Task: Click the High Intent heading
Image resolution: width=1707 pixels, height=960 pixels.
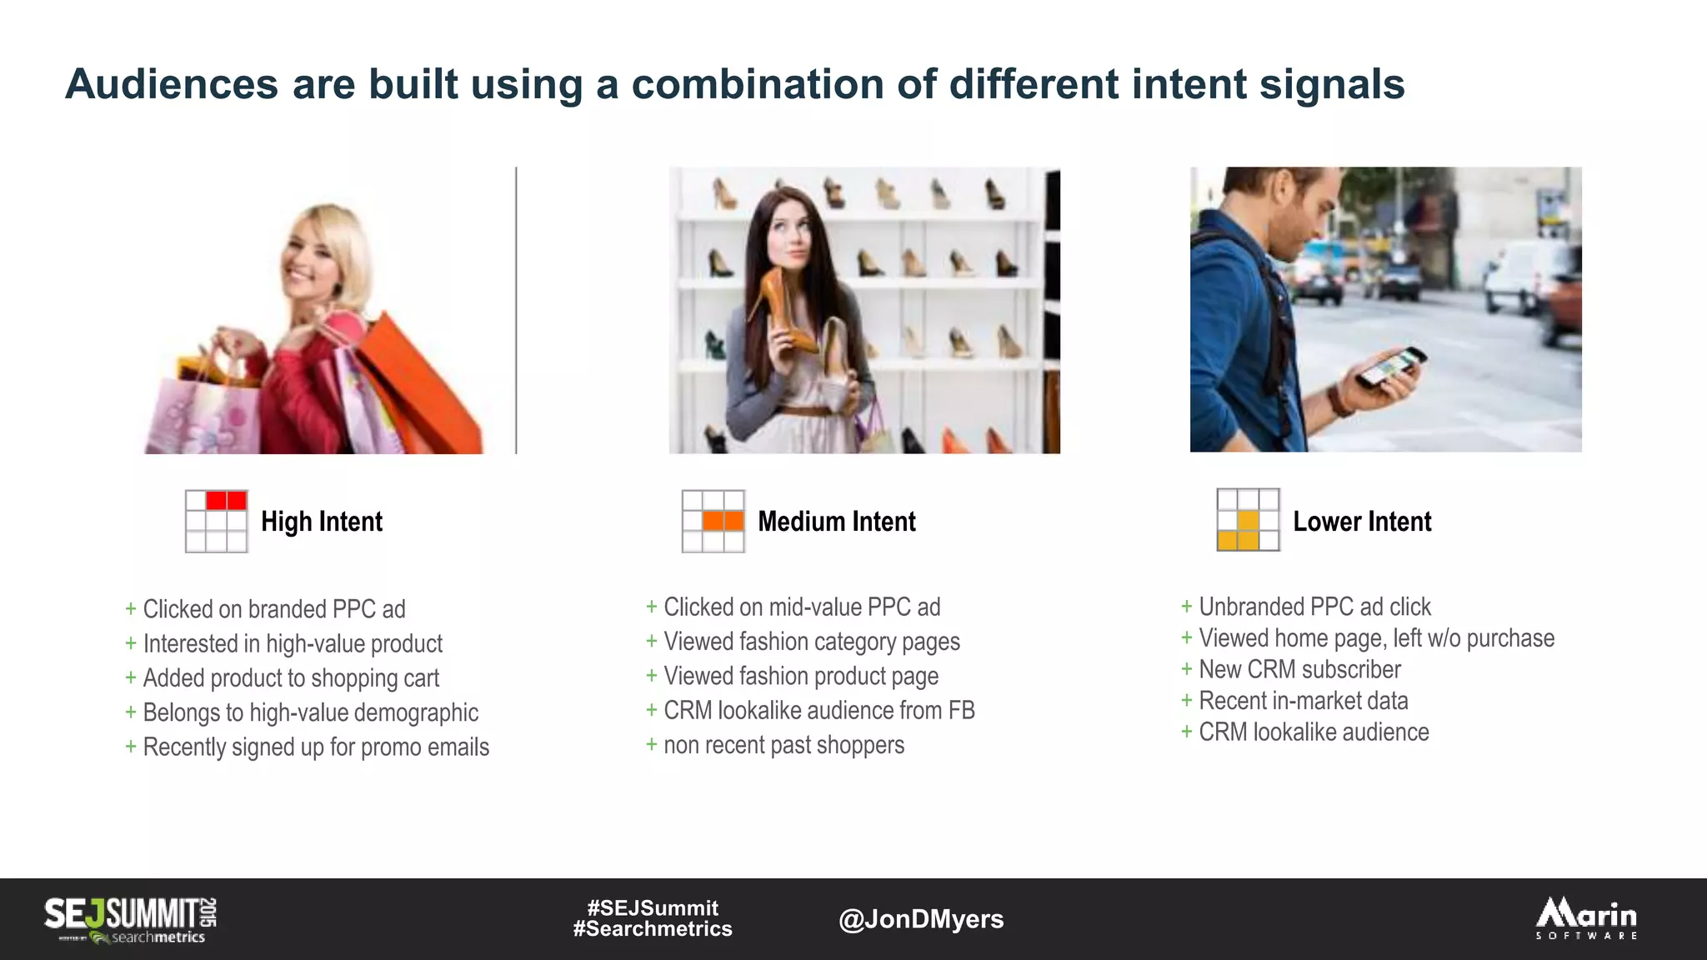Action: pyautogui.click(x=321, y=522)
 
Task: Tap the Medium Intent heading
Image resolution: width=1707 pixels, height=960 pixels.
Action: pyautogui.click(x=836, y=522)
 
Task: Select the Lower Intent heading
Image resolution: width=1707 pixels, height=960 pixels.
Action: pyautogui.click(x=1361, y=522)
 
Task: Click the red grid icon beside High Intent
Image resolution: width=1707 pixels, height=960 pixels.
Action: pyautogui.click(x=217, y=522)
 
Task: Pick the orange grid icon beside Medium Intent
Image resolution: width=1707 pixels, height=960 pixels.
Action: pyautogui.click(x=713, y=522)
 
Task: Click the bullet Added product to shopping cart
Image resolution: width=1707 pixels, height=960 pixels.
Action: pyautogui.click(x=290, y=678)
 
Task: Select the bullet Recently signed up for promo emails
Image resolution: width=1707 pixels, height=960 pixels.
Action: pyautogui.click(x=315, y=747)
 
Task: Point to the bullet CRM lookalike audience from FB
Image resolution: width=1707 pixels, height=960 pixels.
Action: pyautogui.click(x=818, y=711)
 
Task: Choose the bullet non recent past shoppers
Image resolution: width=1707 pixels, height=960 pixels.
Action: pyautogui.click(x=783, y=745)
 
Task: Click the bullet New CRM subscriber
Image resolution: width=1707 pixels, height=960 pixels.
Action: pyautogui.click(x=1299, y=669)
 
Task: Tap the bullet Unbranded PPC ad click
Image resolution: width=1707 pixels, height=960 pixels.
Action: pyautogui.click(x=1314, y=607)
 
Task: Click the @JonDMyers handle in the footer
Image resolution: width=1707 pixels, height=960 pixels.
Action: pyautogui.click(x=920, y=919)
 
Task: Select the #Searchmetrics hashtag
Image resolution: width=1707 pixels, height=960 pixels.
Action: pyautogui.click(x=652, y=929)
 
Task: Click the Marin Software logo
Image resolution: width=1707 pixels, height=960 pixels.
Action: pyautogui.click(x=1586, y=918)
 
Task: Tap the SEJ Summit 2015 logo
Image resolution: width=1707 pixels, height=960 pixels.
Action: pyautogui.click(x=131, y=919)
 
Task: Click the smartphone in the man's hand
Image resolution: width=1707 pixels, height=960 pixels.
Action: pyautogui.click(x=1389, y=367)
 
